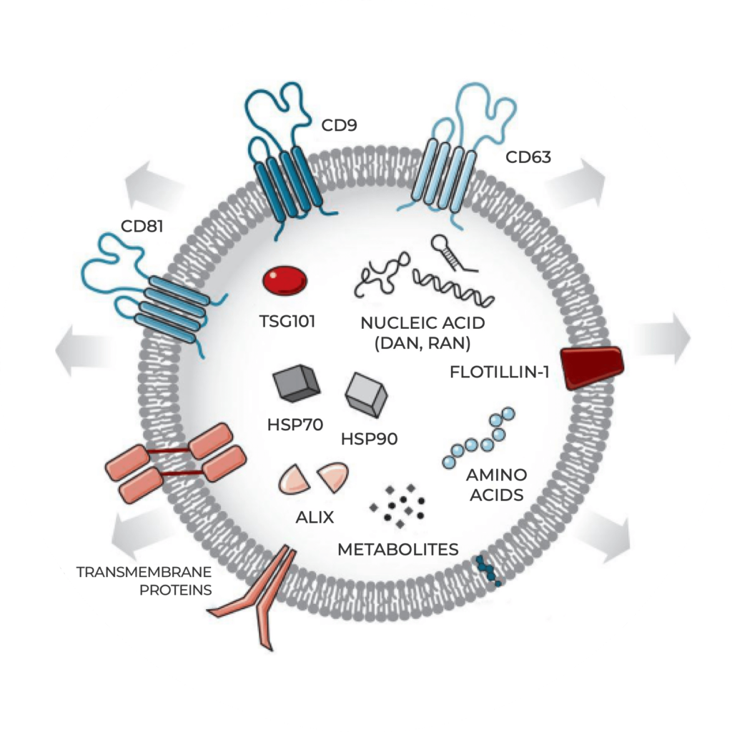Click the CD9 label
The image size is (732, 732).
[339, 127]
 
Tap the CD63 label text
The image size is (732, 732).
[528, 156]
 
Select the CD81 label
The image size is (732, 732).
[142, 227]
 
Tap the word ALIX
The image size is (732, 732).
[315, 516]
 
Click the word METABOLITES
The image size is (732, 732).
[397, 549]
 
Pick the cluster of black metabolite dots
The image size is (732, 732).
[397, 503]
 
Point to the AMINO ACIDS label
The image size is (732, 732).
[496, 484]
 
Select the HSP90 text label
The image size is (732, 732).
[370, 437]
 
